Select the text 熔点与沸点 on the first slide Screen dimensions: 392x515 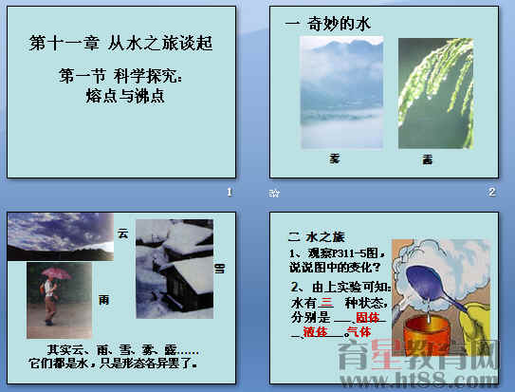(x=119, y=94)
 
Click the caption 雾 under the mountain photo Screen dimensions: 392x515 (x=334, y=158)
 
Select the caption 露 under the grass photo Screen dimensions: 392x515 (x=428, y=159)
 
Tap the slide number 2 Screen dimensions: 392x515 (x=492, y=193)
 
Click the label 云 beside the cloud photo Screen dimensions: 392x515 (x=121, y=232)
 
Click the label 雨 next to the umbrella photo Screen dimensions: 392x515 (x=104, y=299)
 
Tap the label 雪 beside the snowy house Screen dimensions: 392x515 (x=220, y=269)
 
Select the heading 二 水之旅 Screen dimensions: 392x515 (x=311, y=234)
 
